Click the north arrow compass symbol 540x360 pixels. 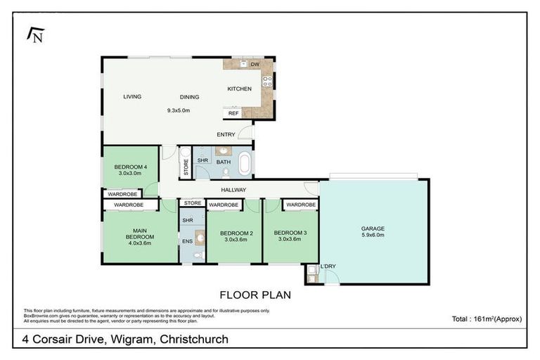click(x=34, y=34)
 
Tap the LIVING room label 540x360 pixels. click(x=132, y=97)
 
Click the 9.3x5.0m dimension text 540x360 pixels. click(x=178, y=110)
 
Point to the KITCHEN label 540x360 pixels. click(x=239, y=89)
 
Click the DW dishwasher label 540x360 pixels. click(x=255, y=65)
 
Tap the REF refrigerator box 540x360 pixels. click(x=233, y=113)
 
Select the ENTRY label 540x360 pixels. click(x=226, y=134)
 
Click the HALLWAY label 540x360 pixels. click(x=233, y=190)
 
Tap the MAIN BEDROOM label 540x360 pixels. click(x=141, y=233)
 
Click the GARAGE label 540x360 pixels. click(x=373, y=228)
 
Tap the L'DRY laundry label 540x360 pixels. click(x=328, y=265)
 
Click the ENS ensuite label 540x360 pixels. click(x=188, y=241)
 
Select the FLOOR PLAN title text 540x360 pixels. click(x=255, y=295)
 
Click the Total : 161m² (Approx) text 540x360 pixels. click(x=487, y=319)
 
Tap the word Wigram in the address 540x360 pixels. click(x=131, y=340)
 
